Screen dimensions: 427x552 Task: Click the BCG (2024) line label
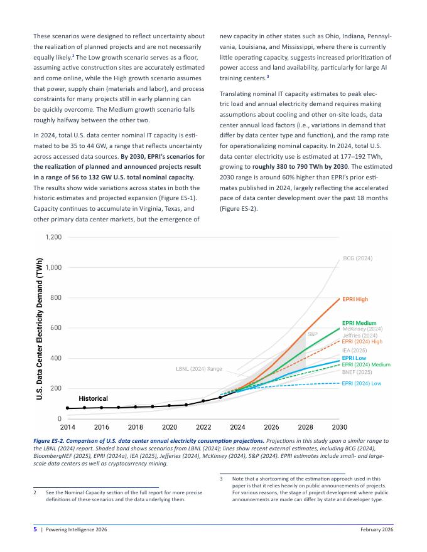tap(357, 258)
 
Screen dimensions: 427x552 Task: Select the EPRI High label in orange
tap(355, 299)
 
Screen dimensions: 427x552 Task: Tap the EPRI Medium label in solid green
tap(359, 323)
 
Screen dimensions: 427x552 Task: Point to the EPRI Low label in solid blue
tap(354, 358)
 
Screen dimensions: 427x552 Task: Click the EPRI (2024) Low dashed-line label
tap(362, 383)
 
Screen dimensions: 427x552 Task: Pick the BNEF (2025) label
tap(357, 372)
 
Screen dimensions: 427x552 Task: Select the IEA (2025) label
tap(354, 350)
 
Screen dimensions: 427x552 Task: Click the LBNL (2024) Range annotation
tap(199, 369)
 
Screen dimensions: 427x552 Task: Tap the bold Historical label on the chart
tap(93, 398)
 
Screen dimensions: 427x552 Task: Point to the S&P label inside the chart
tap(313, 334)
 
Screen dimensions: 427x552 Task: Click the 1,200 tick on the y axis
tap(53, 237)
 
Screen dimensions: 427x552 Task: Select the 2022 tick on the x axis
tap(203, 427)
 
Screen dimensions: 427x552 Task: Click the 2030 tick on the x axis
tap(340, 427)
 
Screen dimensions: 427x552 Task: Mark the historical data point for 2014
tap(68, 408)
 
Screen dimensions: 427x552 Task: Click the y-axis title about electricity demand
tap(40, 329)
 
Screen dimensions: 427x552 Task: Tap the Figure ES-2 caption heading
tap(149, 441)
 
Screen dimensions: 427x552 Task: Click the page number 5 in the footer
tap(35, 529)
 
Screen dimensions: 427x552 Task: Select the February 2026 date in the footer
tap(377, 529)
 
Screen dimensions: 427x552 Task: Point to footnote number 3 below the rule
tap(221, 479)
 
